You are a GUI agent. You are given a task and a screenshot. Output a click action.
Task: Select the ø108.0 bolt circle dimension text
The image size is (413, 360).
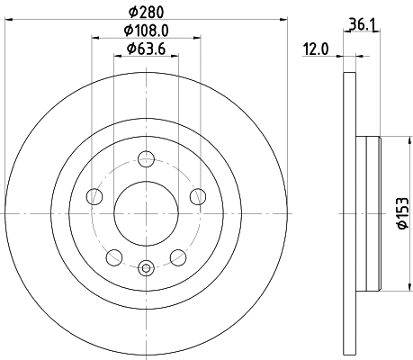coord(146,31)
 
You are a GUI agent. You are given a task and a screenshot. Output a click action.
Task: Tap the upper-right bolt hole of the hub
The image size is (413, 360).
coord(198,197)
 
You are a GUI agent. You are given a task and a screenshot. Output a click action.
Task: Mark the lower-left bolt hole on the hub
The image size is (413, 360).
coord(113,257)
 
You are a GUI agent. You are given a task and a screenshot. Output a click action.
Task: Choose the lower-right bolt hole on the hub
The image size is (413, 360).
coord(178,257)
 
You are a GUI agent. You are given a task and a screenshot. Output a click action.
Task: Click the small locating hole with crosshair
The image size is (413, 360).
coord(146,266)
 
